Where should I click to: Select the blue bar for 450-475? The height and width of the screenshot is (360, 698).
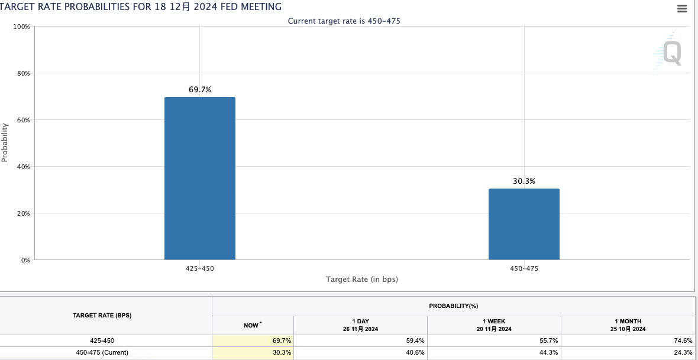click(523, 224)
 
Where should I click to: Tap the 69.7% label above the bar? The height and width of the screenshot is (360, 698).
click(200, 90)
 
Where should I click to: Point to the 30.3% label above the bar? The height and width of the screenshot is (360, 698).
click(523, 181)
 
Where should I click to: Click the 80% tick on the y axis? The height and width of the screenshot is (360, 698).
click(22, 73)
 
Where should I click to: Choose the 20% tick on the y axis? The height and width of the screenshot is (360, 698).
click(22, 213)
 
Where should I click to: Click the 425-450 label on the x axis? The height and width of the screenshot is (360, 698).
click(200, 268)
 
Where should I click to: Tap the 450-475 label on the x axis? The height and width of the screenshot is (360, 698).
click(524, 268)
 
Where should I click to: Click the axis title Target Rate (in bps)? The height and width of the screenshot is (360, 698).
click(362, 279)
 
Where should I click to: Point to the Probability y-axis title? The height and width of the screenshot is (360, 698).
click(5, 142)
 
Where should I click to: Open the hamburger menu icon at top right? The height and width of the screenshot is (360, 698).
click(682, 9)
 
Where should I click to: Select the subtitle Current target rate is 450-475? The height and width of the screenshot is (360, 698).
click(348, 21)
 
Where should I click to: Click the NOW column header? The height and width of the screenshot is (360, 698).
click(252, 325)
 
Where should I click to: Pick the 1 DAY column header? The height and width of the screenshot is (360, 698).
click(360, 325)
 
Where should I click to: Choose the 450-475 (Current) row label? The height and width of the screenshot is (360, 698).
click(102, 353)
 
